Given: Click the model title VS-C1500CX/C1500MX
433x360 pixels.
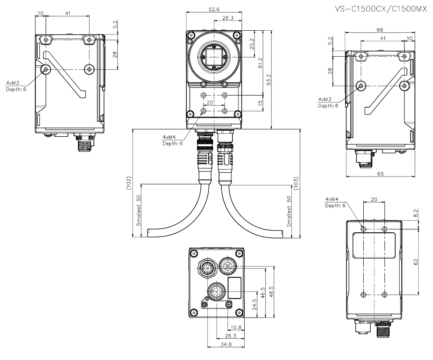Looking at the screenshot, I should tap(381, 9).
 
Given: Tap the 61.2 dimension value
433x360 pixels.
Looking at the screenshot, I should tap(260, 62).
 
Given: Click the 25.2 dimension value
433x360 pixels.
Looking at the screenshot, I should tap(251, 44).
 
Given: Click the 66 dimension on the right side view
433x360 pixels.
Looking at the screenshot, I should tap(380, 30).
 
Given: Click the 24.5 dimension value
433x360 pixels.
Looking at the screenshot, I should tap(255, 305).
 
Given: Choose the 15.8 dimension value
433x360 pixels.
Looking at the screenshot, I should tap(236, 327).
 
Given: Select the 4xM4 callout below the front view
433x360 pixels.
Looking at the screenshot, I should tap(169, 137).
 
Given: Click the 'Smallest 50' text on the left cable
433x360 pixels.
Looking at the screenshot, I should tap(139, 210).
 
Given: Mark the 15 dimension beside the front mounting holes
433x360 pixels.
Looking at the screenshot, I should tap(260, 103).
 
